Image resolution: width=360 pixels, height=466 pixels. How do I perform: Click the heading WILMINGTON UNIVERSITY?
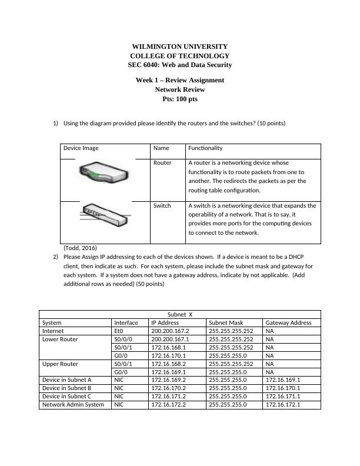(179, 46)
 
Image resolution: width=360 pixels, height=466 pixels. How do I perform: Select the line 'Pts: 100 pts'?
(179, 99)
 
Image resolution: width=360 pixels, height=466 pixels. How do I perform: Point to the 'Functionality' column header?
(205, 148)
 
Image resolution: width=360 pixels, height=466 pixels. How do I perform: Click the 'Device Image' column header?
(81, 148)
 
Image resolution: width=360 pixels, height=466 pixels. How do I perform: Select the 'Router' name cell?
(162, 162)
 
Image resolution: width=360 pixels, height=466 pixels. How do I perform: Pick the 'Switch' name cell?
(162, 206)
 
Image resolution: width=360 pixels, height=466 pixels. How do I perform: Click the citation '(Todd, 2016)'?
(80, 248)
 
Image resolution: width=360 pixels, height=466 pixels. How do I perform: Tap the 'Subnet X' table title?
(180, 314)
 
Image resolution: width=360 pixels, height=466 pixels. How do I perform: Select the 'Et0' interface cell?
(119, 331)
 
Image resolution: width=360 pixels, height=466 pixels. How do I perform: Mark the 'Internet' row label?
(54, 331)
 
